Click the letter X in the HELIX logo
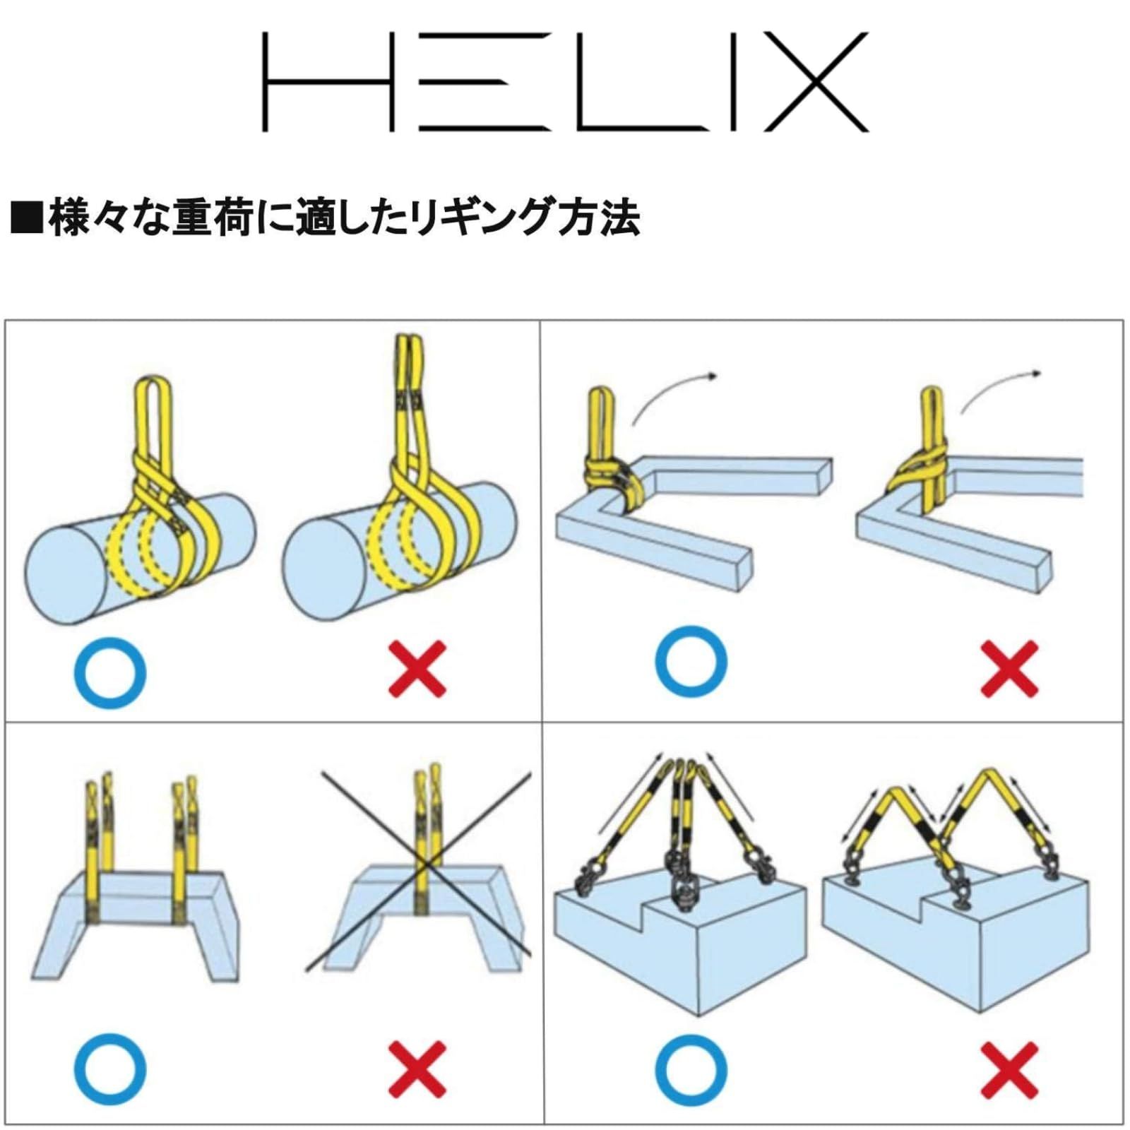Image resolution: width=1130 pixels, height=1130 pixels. [x=816, y=82]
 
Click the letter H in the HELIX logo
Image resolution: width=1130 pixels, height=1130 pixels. [x=328, y=82]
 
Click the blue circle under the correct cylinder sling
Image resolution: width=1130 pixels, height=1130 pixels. [x=110, y=673]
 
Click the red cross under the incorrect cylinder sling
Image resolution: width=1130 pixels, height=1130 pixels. [x=417, y=669]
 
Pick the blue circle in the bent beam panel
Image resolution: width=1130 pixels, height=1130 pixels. [x=690, y=660]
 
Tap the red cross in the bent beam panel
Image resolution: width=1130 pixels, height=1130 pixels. [x=1009, y=669]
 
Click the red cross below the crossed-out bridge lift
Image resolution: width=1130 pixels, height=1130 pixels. [x=417, y=1069]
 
